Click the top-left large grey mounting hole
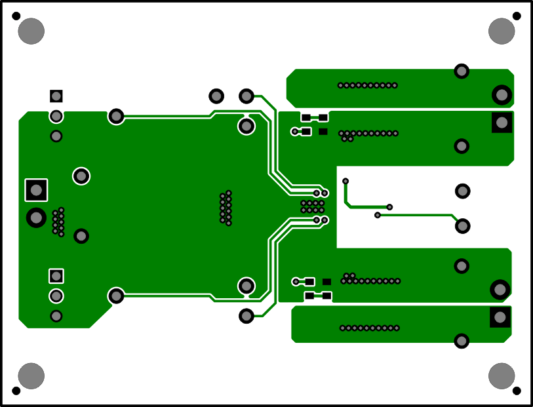(x=31, y=31)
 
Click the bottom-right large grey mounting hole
(x=502, y=376)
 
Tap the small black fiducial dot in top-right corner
(x=517, y=16)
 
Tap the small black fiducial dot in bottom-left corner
(x=16, y=391)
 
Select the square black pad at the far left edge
(x=36, y=189)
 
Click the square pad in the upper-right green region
(x=502, y=122)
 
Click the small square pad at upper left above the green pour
(x=56, y=96)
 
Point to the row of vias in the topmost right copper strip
(x=368, y=85)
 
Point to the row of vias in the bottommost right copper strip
(x=369, y=328)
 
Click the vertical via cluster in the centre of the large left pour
(x=226, y=208)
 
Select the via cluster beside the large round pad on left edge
(x=58, y=222)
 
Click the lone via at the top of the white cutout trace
(x=345, y=181)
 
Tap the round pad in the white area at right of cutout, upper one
(x=462, y=191)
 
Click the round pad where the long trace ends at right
(x=462, y=225)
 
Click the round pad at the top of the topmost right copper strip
(x=462, y=71)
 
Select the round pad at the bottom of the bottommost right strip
(x=462, y=341)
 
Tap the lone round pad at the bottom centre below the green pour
(x=247, y=316)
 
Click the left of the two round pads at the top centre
(x=216, y=96)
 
